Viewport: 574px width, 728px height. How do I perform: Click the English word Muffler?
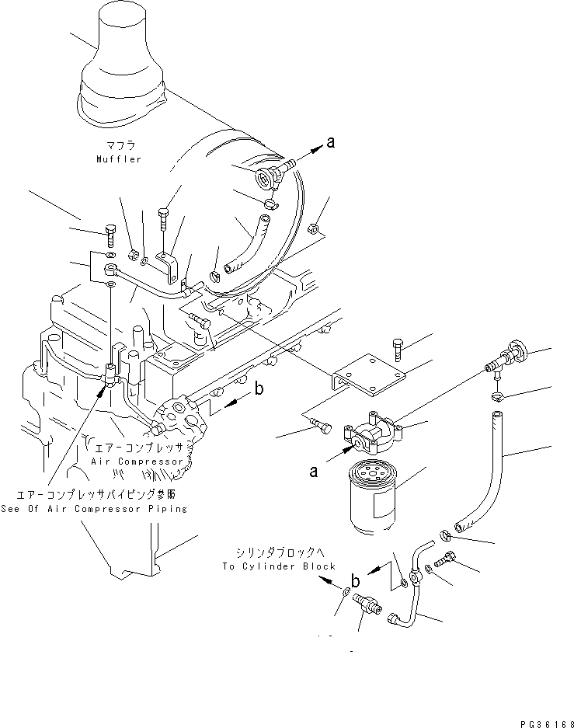119,159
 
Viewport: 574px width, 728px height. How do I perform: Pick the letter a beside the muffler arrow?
330,141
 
